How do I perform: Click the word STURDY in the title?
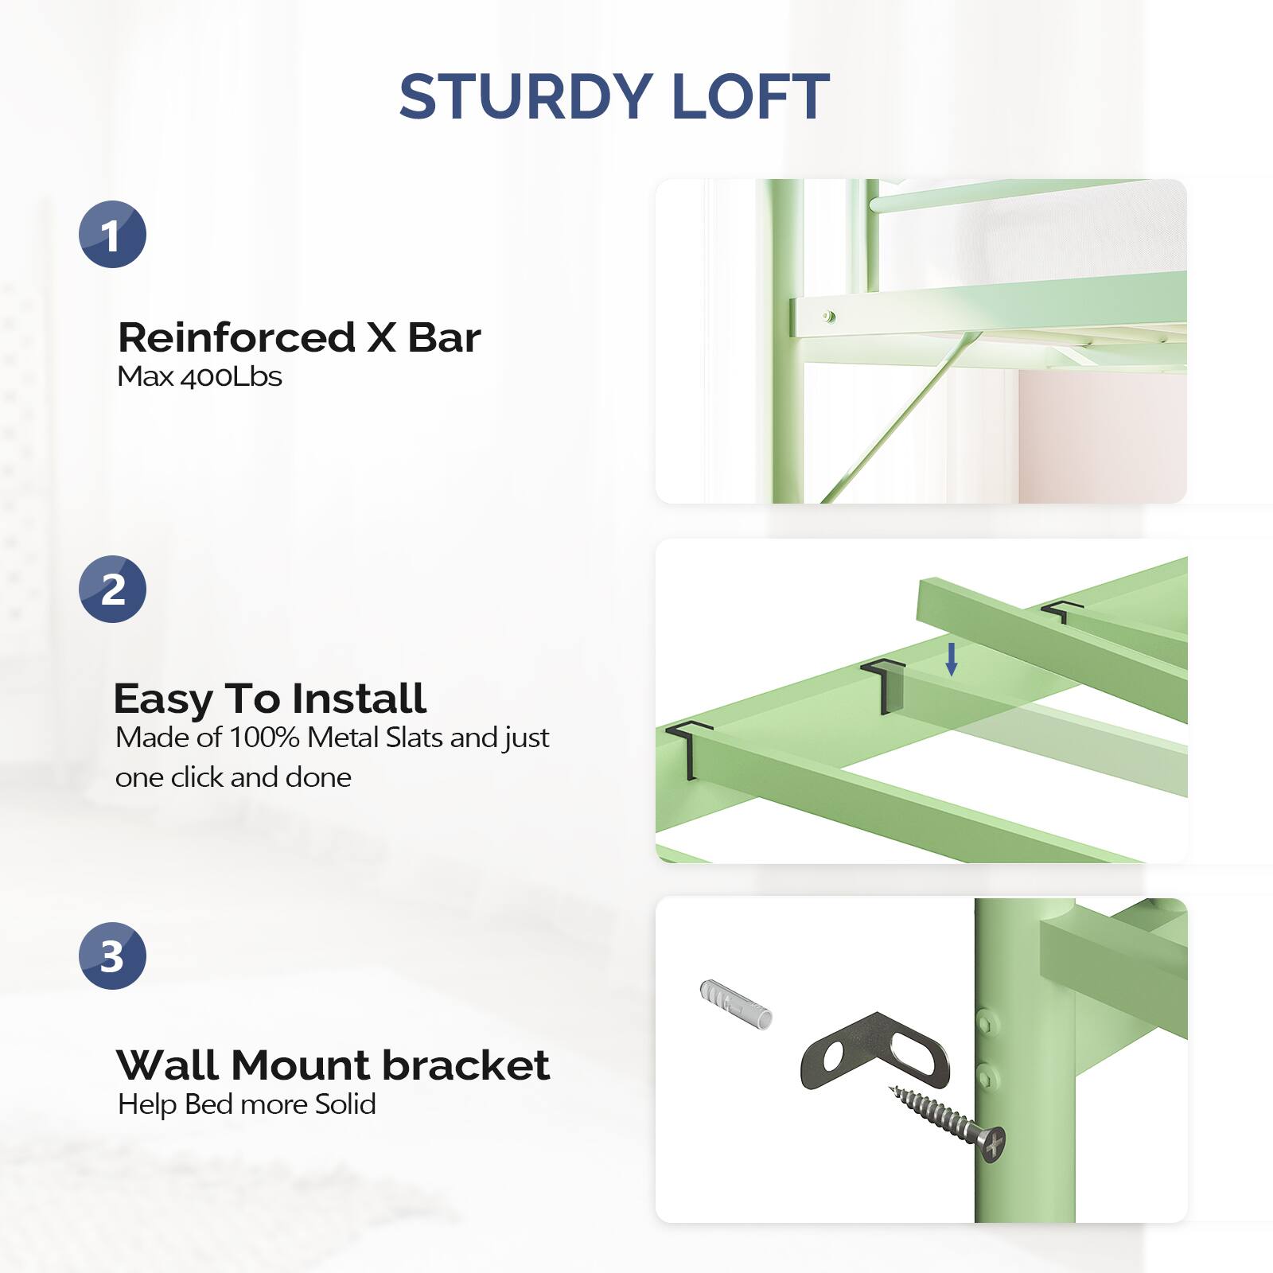(525, 97)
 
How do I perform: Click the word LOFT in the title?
(750, 97)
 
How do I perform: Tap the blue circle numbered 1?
(112, 235)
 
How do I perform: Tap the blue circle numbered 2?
(112, 590)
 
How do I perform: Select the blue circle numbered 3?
(112, 956)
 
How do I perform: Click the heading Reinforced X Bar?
(299, 337)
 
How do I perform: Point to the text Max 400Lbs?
(199, 376)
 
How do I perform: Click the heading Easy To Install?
(270, 699)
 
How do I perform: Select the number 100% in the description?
(264, 738)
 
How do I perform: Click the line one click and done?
(233, 777)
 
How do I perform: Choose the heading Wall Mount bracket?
(333, 1065)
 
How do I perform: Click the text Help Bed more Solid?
(247, 1104)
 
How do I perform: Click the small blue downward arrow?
(951, 660)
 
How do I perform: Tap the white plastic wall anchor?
(736, 1004)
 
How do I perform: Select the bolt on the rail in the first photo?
(828, 316)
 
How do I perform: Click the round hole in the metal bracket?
(832, 1057)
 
